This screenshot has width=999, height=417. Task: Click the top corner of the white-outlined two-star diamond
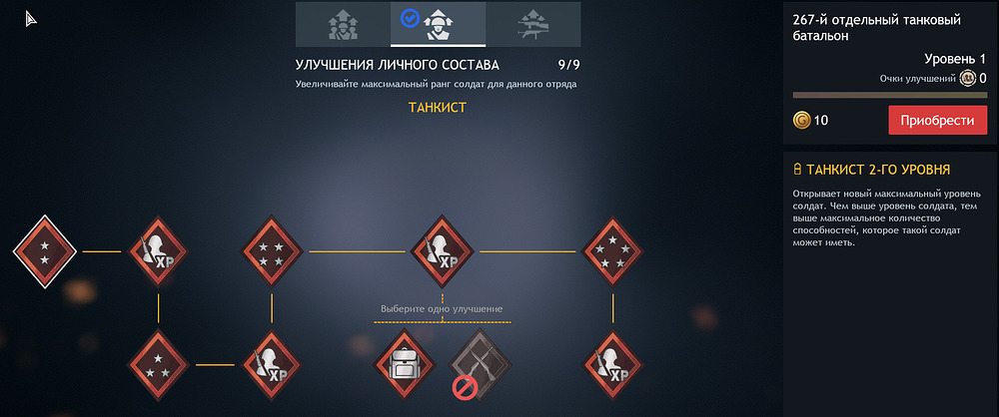[x=45, y=215]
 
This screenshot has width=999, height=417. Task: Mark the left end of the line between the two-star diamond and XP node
[x=83, y=251]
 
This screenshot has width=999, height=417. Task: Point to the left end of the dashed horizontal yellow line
[x=374, y=322]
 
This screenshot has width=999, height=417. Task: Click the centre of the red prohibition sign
[x=464, y=388]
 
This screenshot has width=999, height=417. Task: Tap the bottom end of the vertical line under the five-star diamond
[x=613, y=323]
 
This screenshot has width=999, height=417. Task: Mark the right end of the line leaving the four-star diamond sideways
[x=406, y=251]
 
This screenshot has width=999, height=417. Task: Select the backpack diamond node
[x=405, y=365]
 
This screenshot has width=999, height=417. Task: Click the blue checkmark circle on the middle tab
[x=410, y=19]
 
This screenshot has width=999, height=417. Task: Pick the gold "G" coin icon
[x=801, y=120]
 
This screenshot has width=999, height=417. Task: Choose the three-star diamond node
[x=159, y=365]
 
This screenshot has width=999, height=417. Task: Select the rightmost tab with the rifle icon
[x=532, y=24]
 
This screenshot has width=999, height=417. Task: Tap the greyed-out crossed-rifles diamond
[x=480, y=365]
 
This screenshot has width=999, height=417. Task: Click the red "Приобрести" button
[x=937, y=121]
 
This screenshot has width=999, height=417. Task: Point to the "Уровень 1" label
[x=955, y=59]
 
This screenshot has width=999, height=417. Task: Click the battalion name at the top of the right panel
[x=877, y=28]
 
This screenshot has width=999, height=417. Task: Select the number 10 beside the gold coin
[x=821, y=121]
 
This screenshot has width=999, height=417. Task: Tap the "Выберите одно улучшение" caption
[x=443, y=309]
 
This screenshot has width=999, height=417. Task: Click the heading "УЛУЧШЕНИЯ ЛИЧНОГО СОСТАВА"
[x=398, y=65]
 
